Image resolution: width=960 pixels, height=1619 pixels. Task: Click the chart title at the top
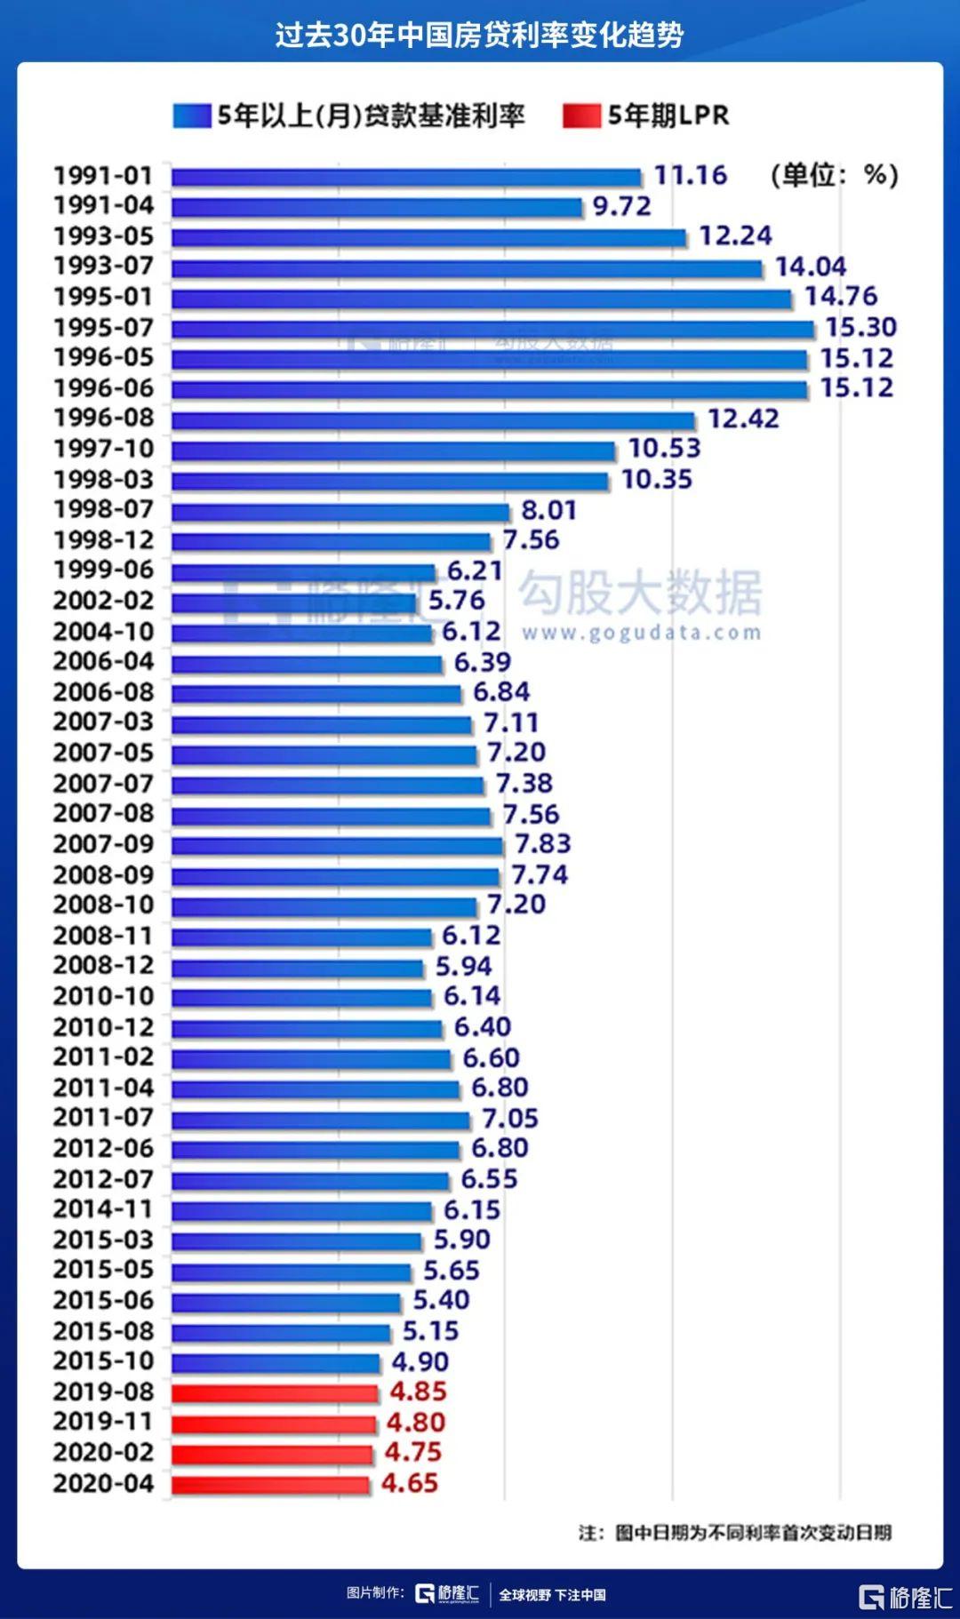click(479, 35)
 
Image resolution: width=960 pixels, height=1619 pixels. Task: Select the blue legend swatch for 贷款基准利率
click(191, 116)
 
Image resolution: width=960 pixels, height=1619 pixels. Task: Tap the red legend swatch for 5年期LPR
click(581, 116)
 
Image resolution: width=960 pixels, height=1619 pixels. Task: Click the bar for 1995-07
click(492, 329)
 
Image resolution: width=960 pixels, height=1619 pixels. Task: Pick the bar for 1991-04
click(377, 207)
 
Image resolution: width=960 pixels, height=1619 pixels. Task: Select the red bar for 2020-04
click(270, 1484)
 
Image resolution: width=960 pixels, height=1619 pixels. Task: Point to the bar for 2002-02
click(294, 602)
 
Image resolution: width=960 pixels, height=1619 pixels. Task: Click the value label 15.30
click(860, 328)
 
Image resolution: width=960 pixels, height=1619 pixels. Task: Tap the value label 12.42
click(743, 419)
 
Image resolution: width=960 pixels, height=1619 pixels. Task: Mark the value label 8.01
click(548, 510)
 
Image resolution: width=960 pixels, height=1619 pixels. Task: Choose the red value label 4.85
click(418, 1392)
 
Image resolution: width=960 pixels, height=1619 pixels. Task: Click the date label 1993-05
click(103, 236)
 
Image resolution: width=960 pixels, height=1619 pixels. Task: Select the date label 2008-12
click(103, 966)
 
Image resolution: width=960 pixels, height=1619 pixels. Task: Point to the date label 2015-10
click(103, 1361)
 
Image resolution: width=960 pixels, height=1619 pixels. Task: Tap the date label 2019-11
click(103, 1422)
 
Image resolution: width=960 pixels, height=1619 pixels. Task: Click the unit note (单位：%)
click(834, 175)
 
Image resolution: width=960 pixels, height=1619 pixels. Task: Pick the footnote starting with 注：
click(734, 1533)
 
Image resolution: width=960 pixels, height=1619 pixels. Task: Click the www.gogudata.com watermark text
click(641, 634)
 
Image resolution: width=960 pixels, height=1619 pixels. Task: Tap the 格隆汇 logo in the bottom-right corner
click(905, 1597)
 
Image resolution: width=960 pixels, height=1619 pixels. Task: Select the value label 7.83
click(542, 844)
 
